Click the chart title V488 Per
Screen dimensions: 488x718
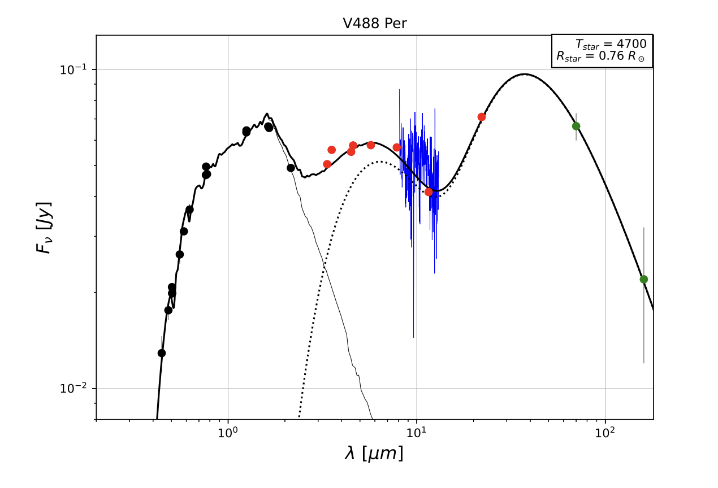pos(375,24)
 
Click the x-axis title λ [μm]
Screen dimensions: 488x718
pos(374,453)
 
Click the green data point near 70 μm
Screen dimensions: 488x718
pos(576,126)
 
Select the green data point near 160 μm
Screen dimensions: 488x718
pos(643,279)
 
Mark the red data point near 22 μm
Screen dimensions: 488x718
pos(482,117)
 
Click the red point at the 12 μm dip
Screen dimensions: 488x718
pos(429,192)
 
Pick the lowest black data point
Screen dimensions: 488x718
pos(162,353)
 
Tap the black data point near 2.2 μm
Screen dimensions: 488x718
pos(291,168)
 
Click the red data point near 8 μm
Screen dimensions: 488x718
pos(397,147)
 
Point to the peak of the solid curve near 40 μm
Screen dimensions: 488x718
pos(525,74)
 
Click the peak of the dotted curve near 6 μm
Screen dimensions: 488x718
pos(379,162)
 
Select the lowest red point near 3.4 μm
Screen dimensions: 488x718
pos(327,164)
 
